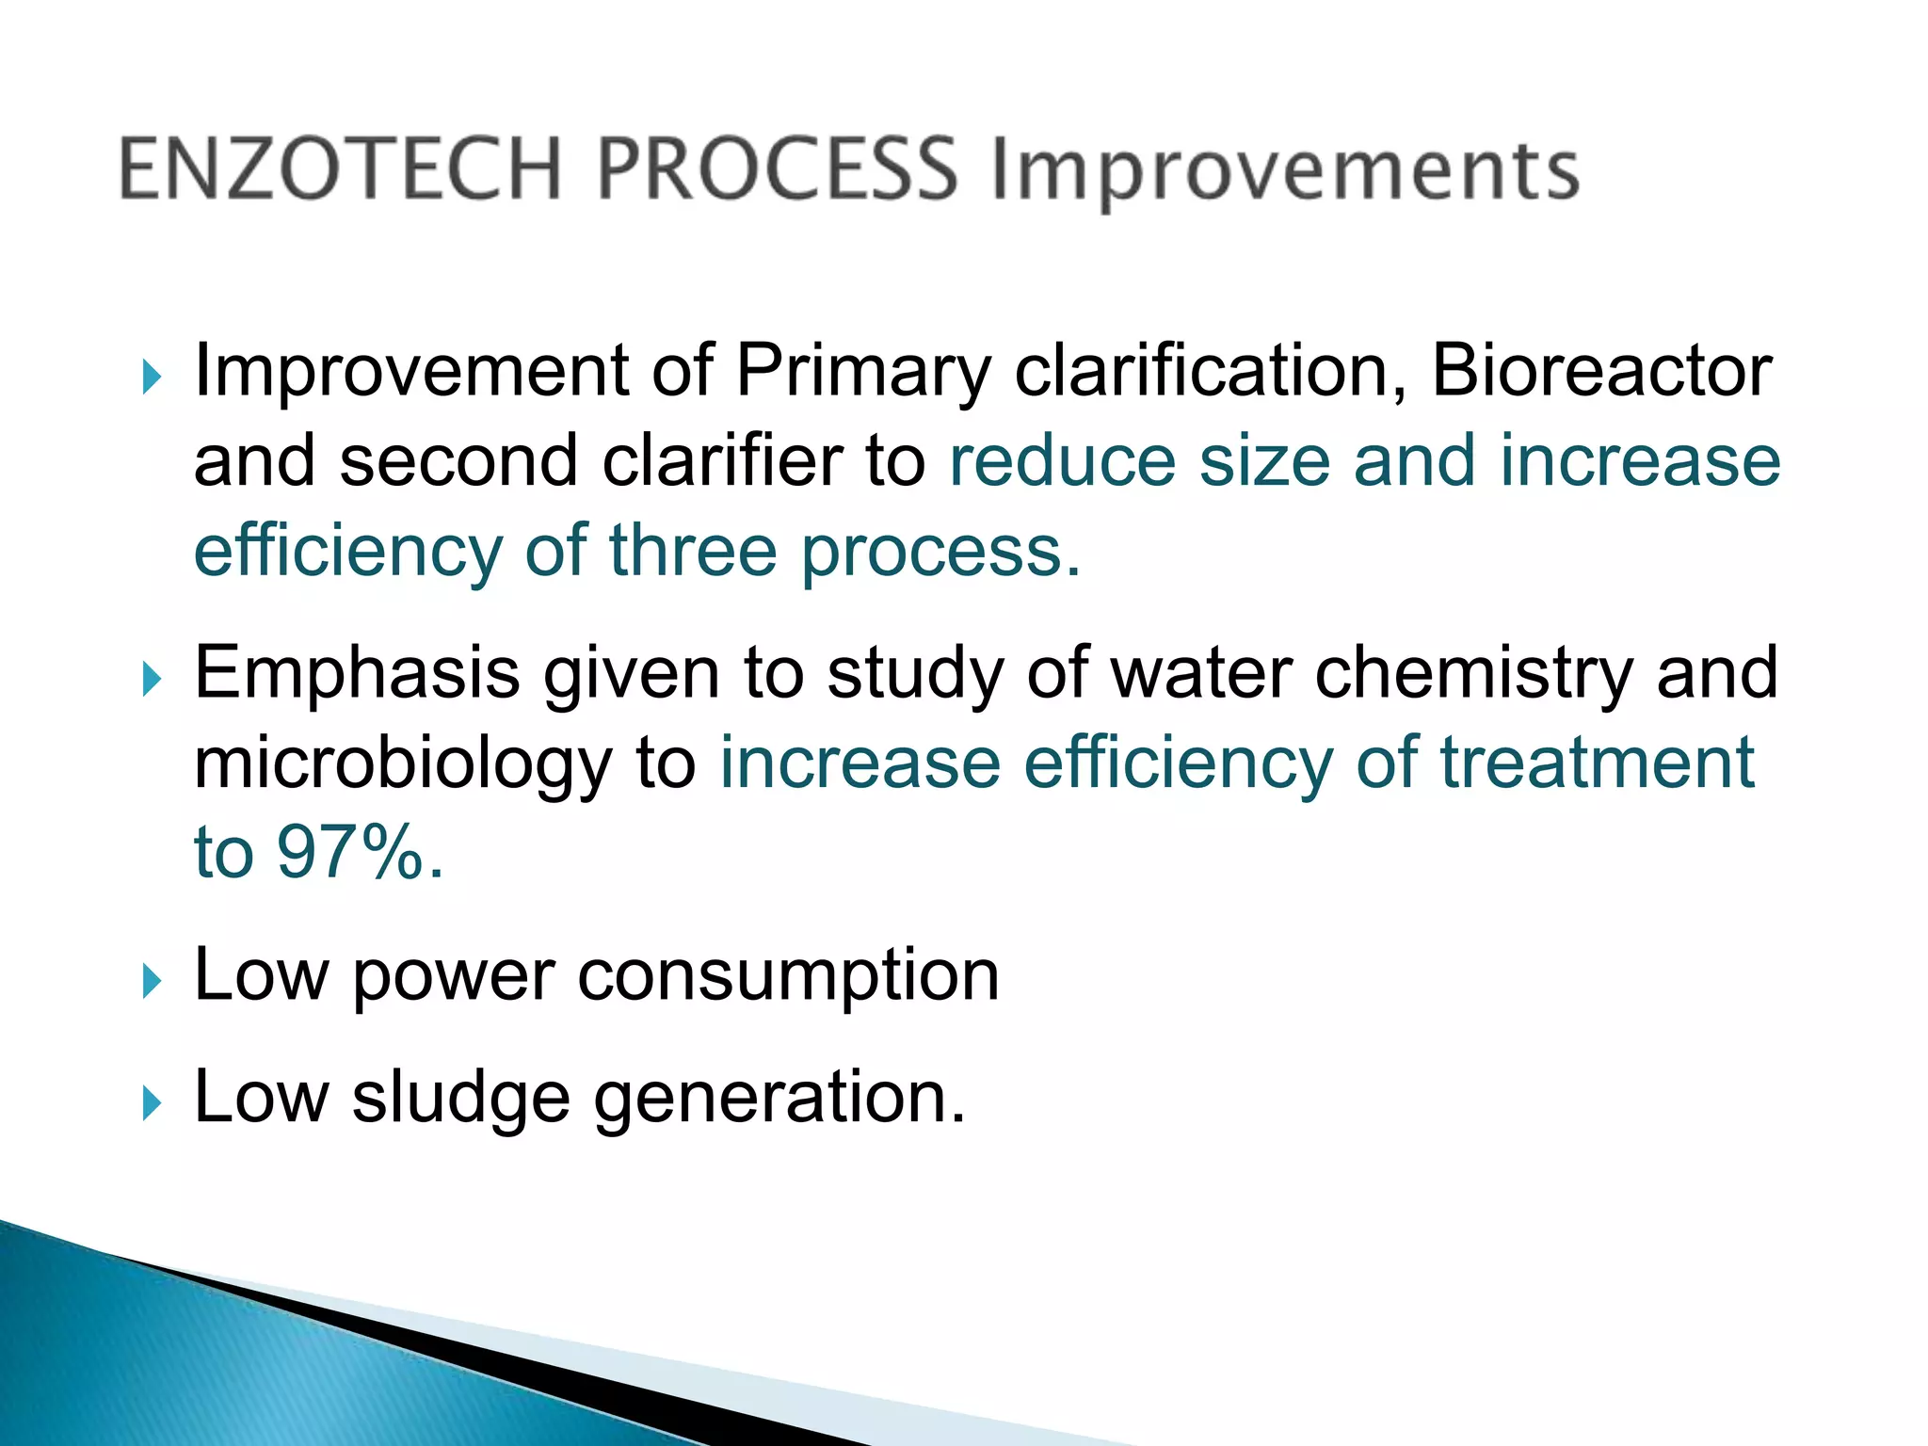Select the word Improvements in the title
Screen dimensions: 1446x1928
[1286, 173]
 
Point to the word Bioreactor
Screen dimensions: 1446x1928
[1600, 371]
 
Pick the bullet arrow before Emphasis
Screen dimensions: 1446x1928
[152, 679]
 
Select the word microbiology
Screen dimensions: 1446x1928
[403, 765]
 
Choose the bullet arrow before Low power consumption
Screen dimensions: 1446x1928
[152, 982]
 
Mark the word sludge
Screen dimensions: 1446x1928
[461, 1100]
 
